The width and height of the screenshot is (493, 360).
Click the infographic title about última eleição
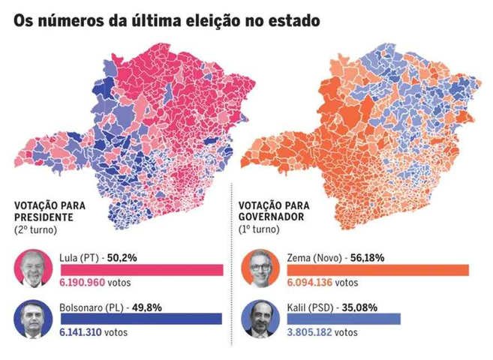click(x=167, y=20)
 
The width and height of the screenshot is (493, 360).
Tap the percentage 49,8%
click(x=147, y=306)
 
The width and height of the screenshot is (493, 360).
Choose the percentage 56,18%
click(x=366, y=257)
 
